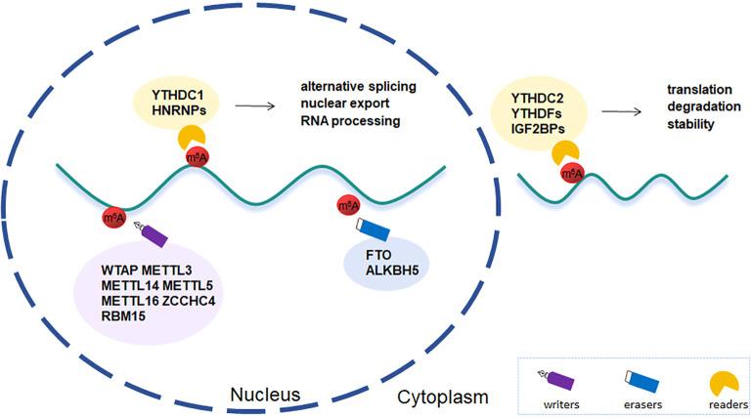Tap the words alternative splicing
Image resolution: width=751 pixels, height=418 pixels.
(x=350, y=89)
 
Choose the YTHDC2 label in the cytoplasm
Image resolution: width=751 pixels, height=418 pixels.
(x=550, y=97)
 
